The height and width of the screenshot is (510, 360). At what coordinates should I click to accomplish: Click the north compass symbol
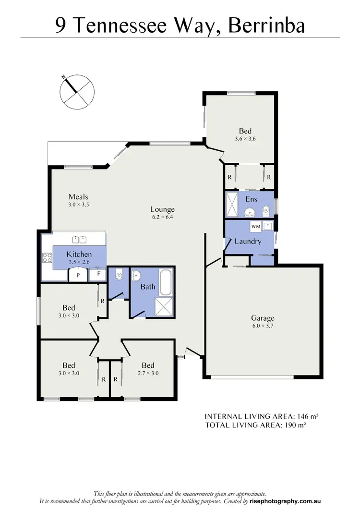click(x=77, y=91)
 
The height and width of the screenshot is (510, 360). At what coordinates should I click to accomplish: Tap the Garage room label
click(x=263, y=318)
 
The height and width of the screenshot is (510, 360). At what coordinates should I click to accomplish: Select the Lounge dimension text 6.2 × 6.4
click(x=162, y=217)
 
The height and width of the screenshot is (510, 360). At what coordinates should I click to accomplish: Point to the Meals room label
click(x=78, y=197)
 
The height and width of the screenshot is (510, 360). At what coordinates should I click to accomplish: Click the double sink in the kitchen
click(x=79, y=239)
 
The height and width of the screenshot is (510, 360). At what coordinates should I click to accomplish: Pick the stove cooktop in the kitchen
click(x=47, y=258)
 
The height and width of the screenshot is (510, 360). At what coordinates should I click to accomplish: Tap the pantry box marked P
click(x=77, y=275)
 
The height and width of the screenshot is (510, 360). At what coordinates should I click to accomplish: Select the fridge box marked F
click(x=98, y=274)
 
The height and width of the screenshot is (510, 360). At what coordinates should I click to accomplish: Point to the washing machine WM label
click(x=255, y=225)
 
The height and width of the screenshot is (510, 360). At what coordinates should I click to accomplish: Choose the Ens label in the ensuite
click(x=251, y=199)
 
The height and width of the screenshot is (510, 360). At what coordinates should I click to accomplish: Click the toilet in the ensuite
click(x=265, y=209)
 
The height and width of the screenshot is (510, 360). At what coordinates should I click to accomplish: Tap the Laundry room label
click(x=248, y=241)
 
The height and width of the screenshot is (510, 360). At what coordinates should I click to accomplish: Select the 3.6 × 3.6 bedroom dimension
click(x=245, y=139)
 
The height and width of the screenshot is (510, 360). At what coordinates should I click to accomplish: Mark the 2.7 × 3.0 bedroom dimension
click(x=147, y=373)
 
